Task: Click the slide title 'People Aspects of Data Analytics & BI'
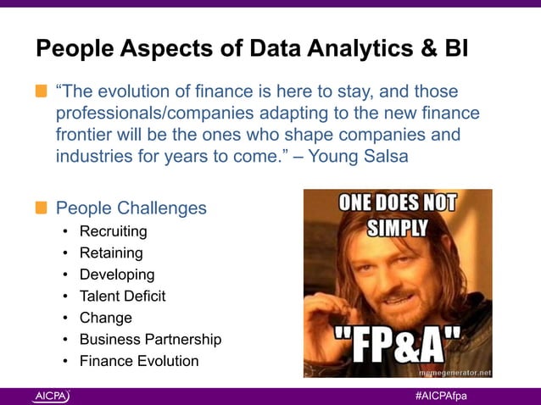pos(251,50)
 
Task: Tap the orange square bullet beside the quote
pos(42,92)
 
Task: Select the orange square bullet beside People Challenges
pos(42,208)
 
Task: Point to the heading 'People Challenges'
pos(131,208)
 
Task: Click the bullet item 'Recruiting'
pos(113,231)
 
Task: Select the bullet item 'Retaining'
pos(111,252)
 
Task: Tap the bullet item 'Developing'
pos(117,275)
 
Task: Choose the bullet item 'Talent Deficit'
pos(122,297)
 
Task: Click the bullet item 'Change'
pos(106,318)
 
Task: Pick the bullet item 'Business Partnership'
pos(150,340)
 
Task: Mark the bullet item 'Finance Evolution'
pos(139,362)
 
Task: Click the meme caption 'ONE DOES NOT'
pos(398,204)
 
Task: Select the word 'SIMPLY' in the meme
pos(397,229)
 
